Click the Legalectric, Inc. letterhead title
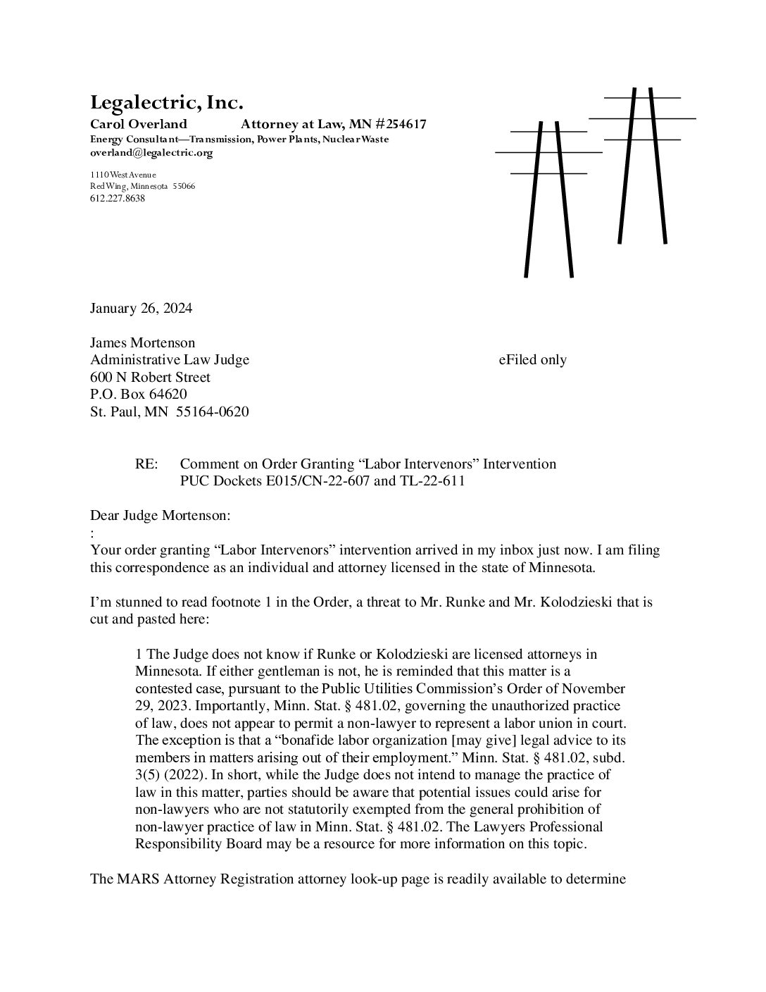tap(166, 103)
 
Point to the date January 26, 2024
tap(141, 309)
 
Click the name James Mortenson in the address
tap(142, 343)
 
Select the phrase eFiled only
tap(532, 360)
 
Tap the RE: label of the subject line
tap(147, 464)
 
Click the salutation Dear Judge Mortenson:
tap(160, 516)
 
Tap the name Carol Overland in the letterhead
tap(138, 125)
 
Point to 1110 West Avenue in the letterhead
tap(123, 175)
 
